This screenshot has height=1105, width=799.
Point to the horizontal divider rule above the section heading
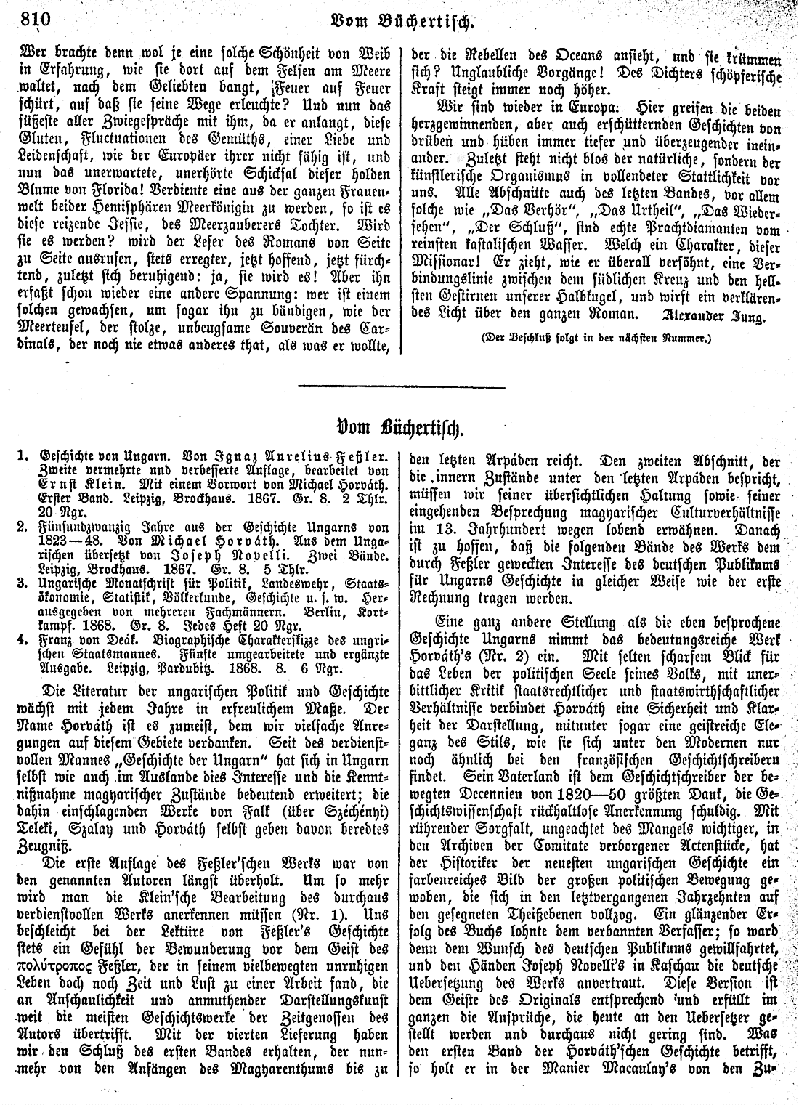[401, 384]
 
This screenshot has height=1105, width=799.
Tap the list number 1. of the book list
[23, 459]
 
